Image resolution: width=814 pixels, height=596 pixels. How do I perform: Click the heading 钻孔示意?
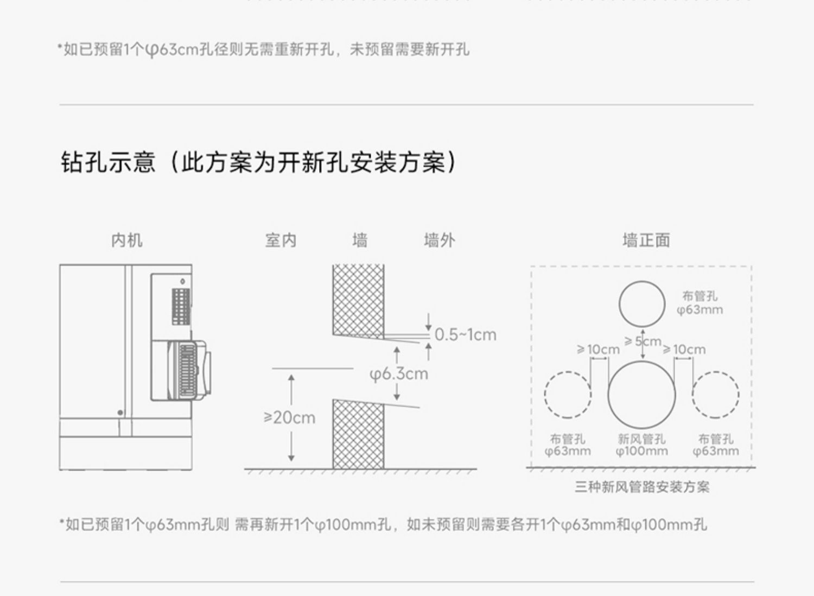[x=108, y=162]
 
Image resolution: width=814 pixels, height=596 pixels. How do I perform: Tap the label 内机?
[x=126, y=240]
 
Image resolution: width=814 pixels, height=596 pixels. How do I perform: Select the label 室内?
[x=281, y=240]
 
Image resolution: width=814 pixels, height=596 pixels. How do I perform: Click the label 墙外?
[x=439, y=240]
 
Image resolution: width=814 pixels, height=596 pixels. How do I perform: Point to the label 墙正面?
[x=646, y=240]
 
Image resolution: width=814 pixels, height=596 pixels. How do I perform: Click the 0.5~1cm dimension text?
[x=465, y=334]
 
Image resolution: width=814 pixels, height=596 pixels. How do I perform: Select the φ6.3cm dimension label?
[x=398, y=373]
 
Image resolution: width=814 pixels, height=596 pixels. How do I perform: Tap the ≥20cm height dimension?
[x=289, y=417]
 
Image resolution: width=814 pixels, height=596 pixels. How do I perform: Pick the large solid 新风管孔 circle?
[x=641, y=395]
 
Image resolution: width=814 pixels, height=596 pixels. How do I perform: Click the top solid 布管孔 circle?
[x=642, y=304]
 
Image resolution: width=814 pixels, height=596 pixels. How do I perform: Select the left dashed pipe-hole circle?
[x=568, y=395]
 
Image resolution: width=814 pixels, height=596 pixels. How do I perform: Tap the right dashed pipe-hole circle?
[x=715, y=395]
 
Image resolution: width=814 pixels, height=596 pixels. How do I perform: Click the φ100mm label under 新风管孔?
[x=641, y=451]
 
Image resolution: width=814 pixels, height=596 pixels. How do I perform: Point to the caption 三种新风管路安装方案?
[x=642, y=487]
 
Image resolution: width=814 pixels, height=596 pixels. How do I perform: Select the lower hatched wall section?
[x=358, y=434]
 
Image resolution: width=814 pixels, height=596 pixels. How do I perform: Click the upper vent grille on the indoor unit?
[x=181, y=306]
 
